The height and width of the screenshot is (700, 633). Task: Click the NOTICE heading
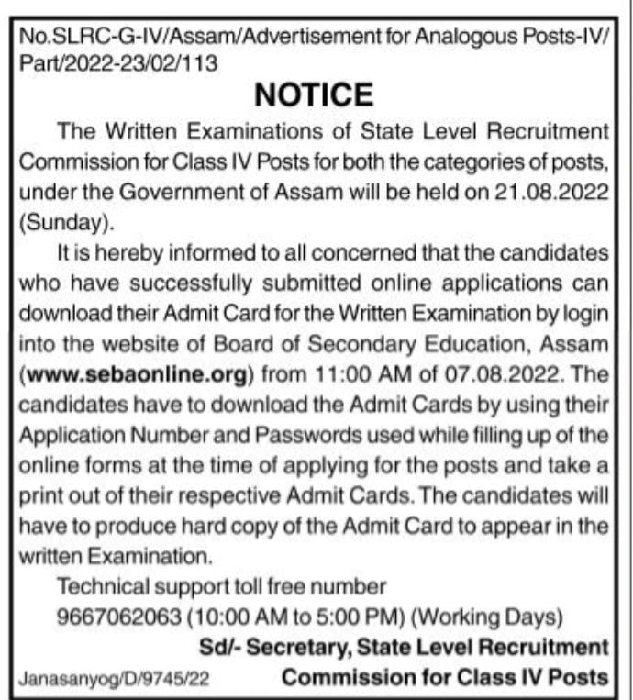(313, 94)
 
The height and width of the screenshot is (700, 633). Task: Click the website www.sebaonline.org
(136, 375)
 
